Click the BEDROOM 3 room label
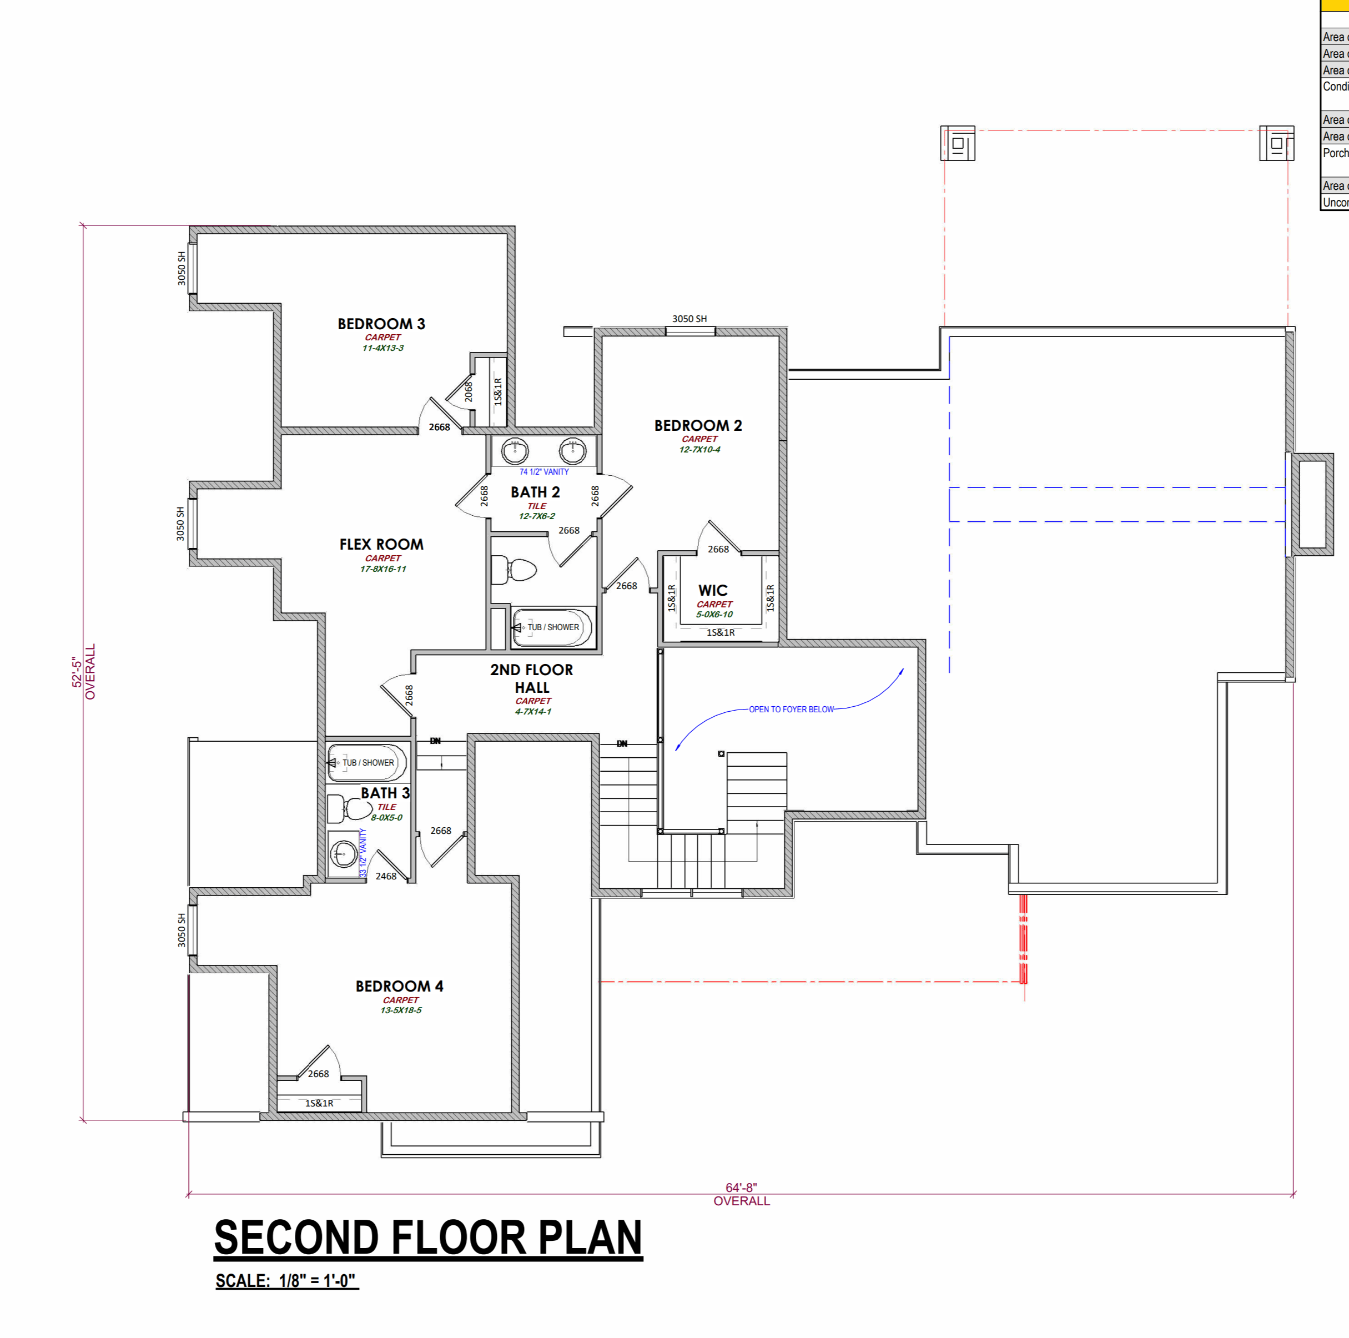click(x=381, y=324)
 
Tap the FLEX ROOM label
click(x=381, y=544)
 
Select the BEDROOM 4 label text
click(x=399, y=986)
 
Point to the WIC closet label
click(x=712, y=590)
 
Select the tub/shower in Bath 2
click(x=552, y=627)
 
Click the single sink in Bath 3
click(x=343, y=853)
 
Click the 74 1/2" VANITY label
click(x=544, y=471)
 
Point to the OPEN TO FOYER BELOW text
click(x=791, y=709)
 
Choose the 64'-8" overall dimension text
click(x=741, y=1187)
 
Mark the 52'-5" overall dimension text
click(x=77, y=671)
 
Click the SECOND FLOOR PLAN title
click(x=427, y=1238)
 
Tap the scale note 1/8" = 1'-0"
click(x=286, y=1281)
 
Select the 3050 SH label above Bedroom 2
click(x=689, y=319)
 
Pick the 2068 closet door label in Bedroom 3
click(x=469, y=391)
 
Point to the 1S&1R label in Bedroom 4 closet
click(x=319, y=1103)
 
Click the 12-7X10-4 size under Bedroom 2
click(x=699, y=449)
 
